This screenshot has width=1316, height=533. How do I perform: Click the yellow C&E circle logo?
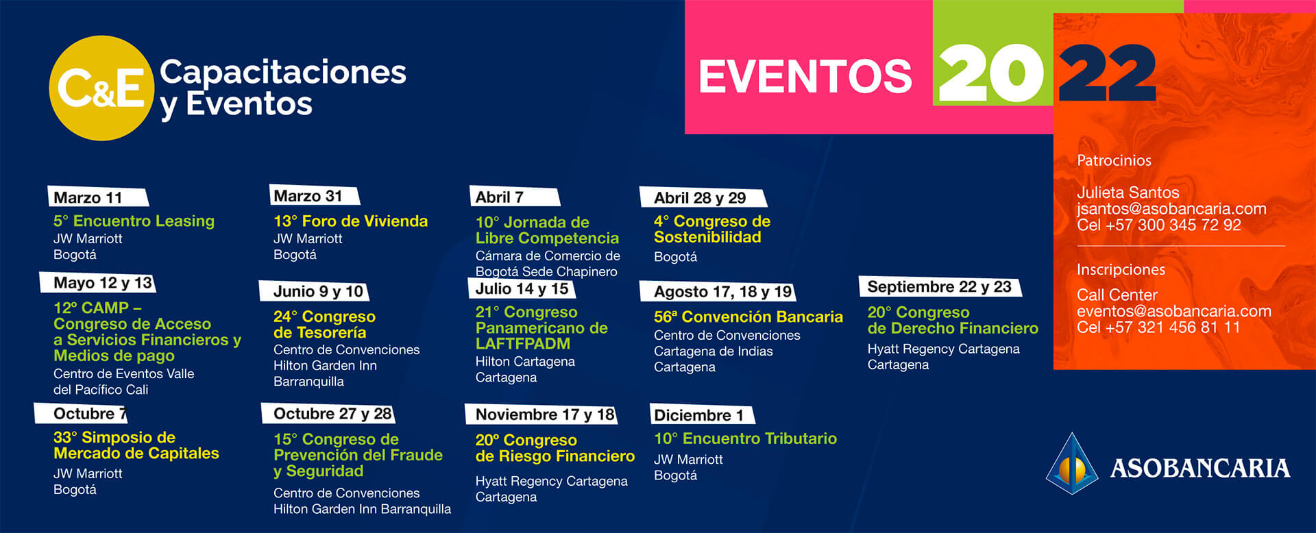[x=101, y=88]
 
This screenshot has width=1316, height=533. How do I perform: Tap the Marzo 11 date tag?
[x=97, y=197]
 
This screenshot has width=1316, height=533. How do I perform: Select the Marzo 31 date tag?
[x=315, y=196]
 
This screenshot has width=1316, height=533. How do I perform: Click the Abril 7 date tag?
[x=514, y=197]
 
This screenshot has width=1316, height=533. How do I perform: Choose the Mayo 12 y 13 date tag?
[x=98, y=283]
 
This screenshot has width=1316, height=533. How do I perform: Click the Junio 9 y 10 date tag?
[x=314, y=291]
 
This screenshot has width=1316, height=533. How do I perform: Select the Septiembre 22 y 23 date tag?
[x=940, y=286]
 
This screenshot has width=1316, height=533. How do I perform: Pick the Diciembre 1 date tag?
[x=703, y=415]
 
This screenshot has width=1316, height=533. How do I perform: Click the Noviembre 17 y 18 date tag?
[x=541, y=414]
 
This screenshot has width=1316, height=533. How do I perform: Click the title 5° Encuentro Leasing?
[x=134, y=221]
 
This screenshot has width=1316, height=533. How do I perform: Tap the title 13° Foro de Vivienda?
[x=350, y=221]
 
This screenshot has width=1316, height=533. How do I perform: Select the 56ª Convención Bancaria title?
[x=748, y=317]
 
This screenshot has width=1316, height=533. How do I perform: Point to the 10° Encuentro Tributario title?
[x=745, y=438]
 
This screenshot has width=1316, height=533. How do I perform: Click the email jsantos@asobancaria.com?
[x=1171, y=209]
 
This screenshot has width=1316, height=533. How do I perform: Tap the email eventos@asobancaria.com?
[x=1174, y=311]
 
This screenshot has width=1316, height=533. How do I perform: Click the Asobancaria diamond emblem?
[x=1073, y=464]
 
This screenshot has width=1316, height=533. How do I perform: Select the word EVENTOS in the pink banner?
[x=805, y=76]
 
